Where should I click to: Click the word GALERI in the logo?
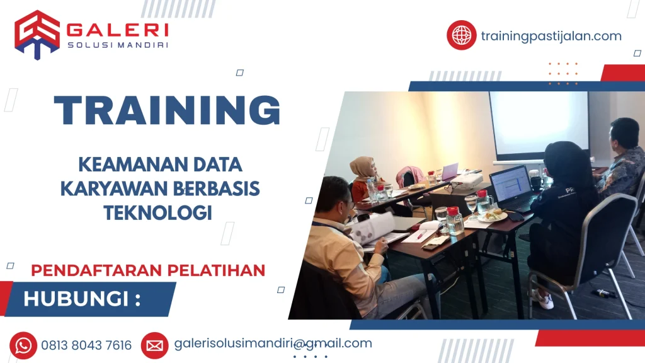117,30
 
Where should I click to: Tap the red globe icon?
461,35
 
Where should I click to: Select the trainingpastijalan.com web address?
551,36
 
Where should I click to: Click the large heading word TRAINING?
168,111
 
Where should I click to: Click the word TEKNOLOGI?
157,212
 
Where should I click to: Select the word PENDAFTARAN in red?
88,270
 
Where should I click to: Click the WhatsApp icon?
23,345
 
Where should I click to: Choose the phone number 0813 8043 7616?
87,345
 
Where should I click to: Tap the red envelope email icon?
154,345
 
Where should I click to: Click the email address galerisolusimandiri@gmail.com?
273,343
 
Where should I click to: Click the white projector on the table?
465,182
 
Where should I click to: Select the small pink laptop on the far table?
450,171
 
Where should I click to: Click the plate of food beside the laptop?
493,216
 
